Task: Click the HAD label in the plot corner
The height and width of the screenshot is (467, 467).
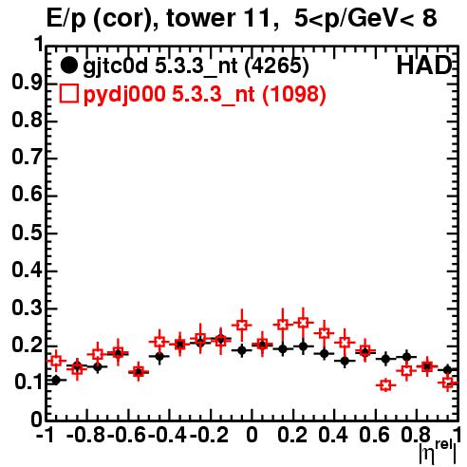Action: tap(424, 65)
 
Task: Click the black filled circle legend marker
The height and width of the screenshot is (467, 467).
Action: tap(68, 65)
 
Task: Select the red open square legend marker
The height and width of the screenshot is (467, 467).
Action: tap(68, 93)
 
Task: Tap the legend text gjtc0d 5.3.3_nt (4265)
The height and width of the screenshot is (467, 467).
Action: tap(196, 66)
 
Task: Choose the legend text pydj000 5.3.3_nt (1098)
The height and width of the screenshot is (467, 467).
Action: tap(205, 95)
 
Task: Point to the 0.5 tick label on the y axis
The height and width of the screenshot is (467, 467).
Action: tap(27, 233)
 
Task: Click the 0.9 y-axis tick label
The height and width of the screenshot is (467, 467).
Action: tap(27, 84)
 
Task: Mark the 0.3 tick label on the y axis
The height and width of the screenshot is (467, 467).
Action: tap(27, 308)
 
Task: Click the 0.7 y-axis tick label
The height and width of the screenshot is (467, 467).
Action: tap(27, 159)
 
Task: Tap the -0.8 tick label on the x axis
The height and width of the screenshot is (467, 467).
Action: tap(86, 436)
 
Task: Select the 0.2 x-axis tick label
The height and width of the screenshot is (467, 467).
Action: tap(292, 436)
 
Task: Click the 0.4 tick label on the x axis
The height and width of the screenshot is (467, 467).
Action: tap(333, 436)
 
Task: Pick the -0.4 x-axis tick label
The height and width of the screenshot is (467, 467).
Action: tap(168, 436)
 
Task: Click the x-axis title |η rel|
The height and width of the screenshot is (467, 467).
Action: tap(438, 452)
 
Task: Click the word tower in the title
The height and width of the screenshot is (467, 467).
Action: tap(200, 18)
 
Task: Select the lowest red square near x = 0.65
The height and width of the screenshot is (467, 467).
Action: tap(385, 385)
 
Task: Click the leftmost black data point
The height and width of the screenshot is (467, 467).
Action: tap(56, 381)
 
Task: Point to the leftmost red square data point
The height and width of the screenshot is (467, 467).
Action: tap(56, 361)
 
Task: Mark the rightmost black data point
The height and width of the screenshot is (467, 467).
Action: tap(447, 369)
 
